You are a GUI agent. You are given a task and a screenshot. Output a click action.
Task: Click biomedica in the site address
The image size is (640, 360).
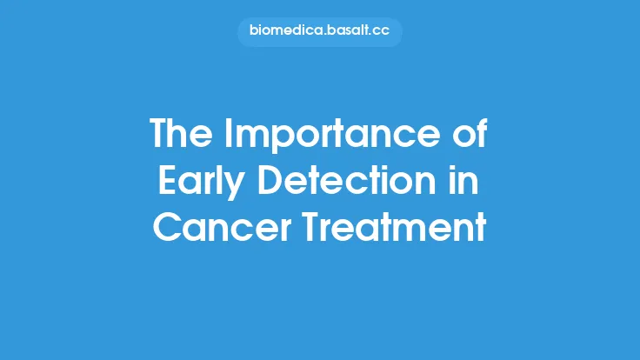tap(284, 33)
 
